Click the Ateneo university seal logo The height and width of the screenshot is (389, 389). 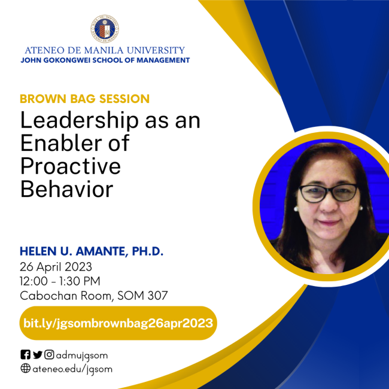coord(105,27)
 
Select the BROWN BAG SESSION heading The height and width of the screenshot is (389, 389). coord(84,99)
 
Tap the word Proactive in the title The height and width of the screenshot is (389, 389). coord(70,166)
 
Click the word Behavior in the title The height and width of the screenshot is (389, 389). coord(66,189)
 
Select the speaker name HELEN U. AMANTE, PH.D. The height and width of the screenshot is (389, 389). coord(92,251)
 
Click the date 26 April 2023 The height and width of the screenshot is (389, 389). coord(56,266)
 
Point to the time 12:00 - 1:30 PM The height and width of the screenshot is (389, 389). coord(60,281)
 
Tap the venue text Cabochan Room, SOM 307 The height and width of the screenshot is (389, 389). coord(94,295)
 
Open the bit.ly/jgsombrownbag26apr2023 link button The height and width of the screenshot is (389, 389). coord(118,323)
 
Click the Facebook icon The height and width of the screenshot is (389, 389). coord(25,355)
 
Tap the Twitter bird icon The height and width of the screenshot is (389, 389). coord(37,355)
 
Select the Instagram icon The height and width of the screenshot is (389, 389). coord(49,355)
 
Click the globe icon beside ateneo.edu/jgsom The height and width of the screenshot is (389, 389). coord(25,369)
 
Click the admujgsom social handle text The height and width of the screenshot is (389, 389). coord(82,355)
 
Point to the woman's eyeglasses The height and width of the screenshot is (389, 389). coord(327,193)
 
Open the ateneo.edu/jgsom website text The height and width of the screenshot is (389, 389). coord(72,369)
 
